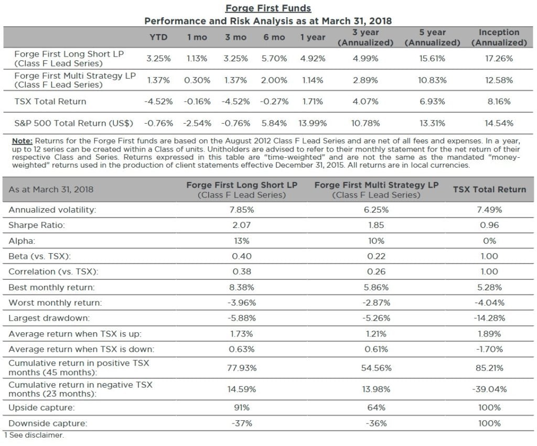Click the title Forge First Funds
point(268,8)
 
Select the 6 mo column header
point(274,37)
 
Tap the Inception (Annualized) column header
point(499,37)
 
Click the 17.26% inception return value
point(499,59)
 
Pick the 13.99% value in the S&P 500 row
point(313,123)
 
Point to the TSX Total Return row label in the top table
point(50,101)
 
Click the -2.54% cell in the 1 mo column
point(197,123)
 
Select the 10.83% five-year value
point(432,80)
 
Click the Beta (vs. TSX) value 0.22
point(376,256)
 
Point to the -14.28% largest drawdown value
point(489,318)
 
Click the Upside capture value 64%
point(376,408)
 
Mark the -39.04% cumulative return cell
point(489,389)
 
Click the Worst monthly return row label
point(55,303)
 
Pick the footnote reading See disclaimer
point(35,435)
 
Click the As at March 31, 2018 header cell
point(51,189)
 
